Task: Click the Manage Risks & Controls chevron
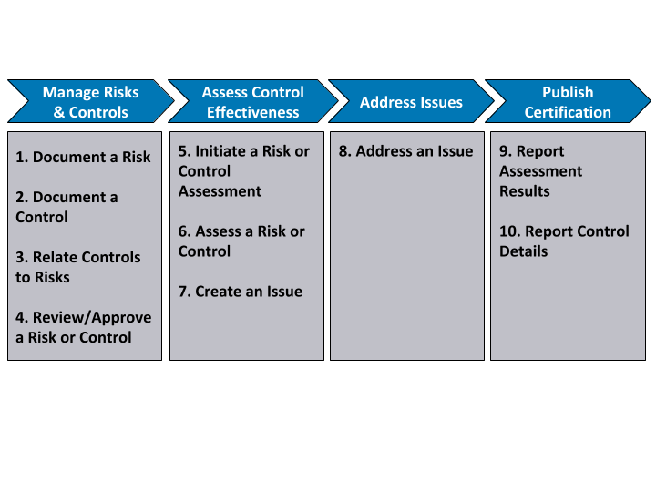(x=91, y=101)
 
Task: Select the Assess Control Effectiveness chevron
(x=253, y=101)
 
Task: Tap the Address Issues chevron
(x=411, y=101)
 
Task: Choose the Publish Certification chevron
(x=568, y=101)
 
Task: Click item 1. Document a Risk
(x=83, y=157)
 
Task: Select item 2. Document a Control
(x=67, y=207)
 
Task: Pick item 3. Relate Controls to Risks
(x=77, y=267)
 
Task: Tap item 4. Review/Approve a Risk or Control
(x=83, y=328)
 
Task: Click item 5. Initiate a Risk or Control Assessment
(x=244, y=171)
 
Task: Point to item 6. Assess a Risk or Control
(x=241, y=241)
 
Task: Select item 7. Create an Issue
(x=241, y=292)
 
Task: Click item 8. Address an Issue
(x=405, y=151)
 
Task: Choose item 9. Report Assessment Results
(x=540, y=171)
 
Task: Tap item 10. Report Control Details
(x=564, y=241)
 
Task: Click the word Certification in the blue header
(x=568, y=112)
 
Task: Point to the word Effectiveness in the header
(x=253, y=112)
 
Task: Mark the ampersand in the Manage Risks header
(x=59, y=112)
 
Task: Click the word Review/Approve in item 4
(x=92, y=318)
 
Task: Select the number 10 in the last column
(x=509, y=231)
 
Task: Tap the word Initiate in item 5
(x=220, y=151)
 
